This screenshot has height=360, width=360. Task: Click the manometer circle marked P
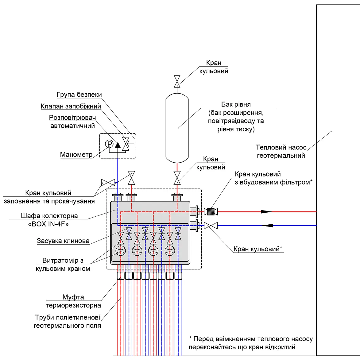pos(109,144)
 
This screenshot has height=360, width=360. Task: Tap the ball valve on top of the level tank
pos(177,81)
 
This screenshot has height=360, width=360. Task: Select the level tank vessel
pos(177,128)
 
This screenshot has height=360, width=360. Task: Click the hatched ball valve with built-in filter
pos(211,211)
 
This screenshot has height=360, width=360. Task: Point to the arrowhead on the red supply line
pos(266,211)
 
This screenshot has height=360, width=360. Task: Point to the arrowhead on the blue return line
pos(268,226)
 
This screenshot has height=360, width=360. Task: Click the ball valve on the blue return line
pos(211,226)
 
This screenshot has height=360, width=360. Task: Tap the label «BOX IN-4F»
pos(48,224)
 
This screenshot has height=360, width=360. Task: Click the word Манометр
pos(76,154)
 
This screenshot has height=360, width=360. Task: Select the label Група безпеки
pos(79,95)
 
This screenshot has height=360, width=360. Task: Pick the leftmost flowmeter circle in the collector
pos(121,251)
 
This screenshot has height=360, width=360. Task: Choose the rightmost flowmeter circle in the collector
pos(170,251)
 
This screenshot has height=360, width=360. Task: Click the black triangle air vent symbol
pos(118,145)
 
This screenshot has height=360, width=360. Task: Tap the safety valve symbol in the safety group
pos(126,144)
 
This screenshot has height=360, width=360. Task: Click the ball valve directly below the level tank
pos(177,178)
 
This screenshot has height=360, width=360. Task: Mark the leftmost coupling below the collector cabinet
pos(121,276)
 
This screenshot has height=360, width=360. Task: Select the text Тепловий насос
pos(281,147)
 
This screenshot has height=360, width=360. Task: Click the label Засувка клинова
pos(63,241)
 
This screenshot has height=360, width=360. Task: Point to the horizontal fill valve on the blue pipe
pos(108,183)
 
